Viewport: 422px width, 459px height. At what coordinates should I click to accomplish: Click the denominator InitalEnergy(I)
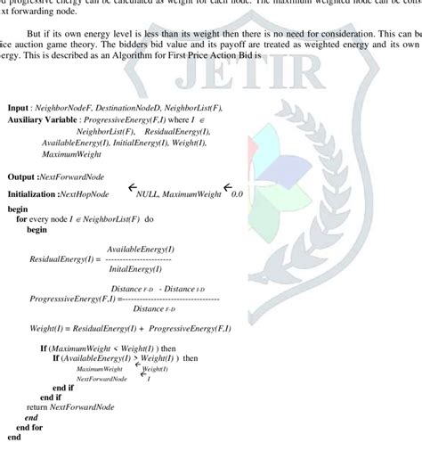(135, 268)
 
